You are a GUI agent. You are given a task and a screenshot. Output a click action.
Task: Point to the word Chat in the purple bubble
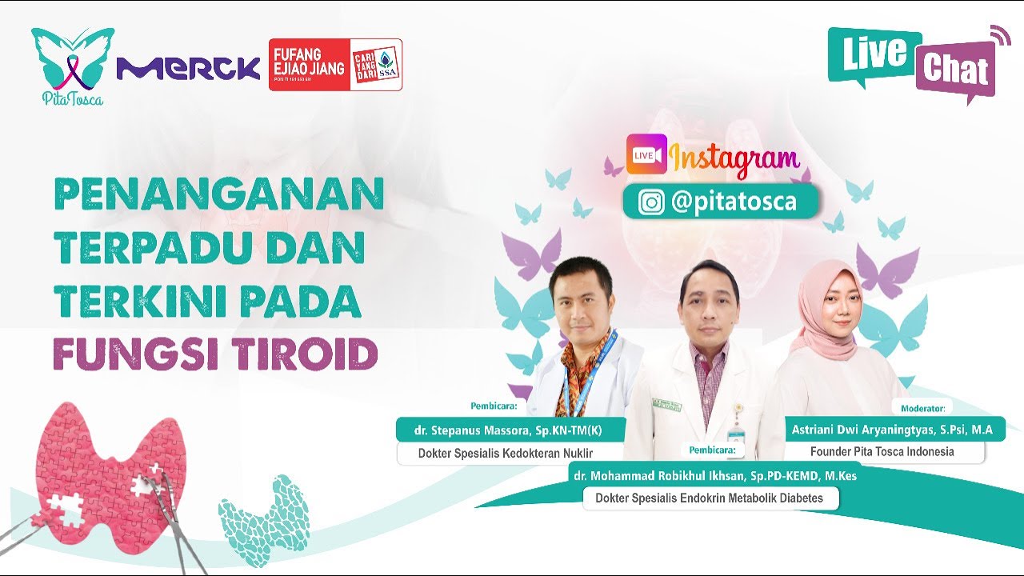click(x=955, y=70)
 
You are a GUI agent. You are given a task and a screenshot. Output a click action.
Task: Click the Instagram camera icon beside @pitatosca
click(x=651, y=202)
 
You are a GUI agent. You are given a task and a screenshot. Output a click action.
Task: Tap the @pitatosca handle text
click(x=734, y=202)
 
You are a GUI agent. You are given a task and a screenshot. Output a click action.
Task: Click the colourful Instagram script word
click(x=734, y=158)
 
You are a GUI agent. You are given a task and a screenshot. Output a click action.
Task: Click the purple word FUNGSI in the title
click(x=133, y=354)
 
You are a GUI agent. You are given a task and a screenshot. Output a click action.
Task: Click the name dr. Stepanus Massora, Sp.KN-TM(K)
click(x=507, y=430)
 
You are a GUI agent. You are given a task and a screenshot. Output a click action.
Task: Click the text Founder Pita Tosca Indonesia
click(x=882, y=451)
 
